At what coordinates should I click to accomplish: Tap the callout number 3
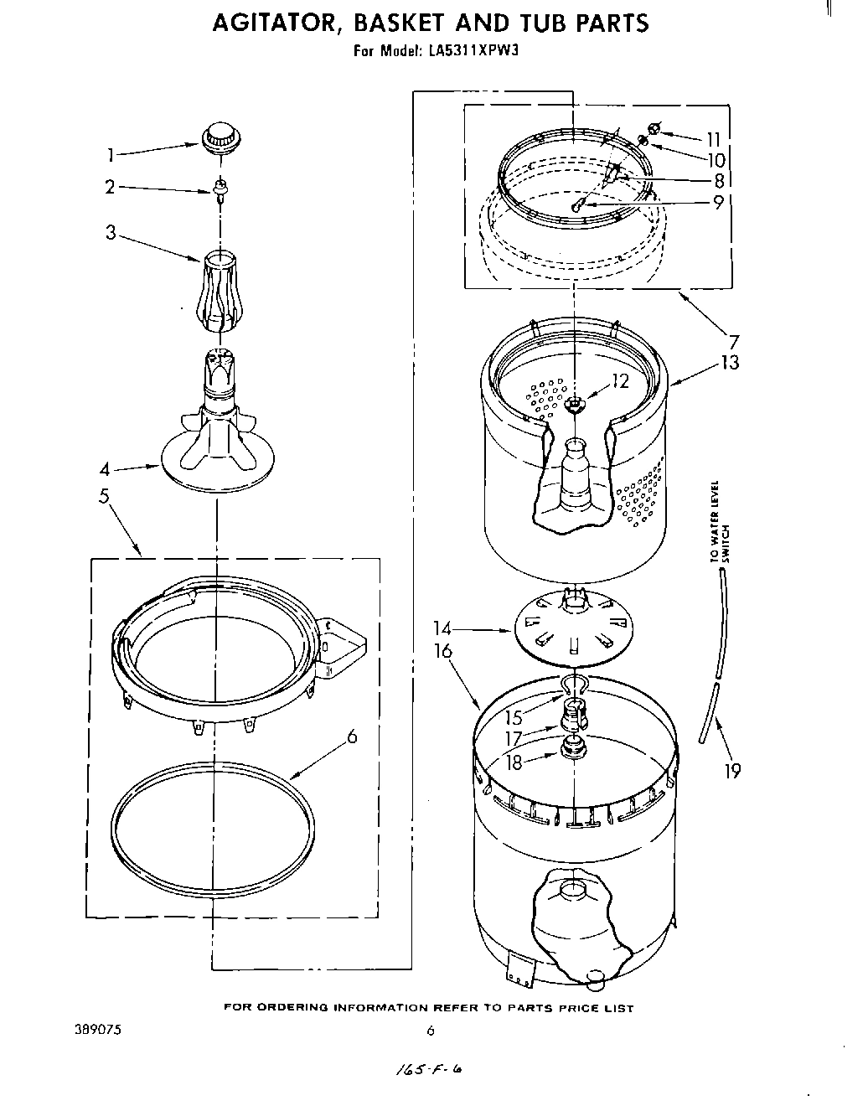pos(111,232)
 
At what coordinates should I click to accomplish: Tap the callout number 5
pos(104,496)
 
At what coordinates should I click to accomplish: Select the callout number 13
pos(731,362)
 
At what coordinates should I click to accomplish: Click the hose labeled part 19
pos(711,712)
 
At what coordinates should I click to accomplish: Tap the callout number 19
pos(732,771)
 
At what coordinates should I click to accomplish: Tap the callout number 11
pos(713,139)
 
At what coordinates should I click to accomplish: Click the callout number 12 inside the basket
pos(619,381)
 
